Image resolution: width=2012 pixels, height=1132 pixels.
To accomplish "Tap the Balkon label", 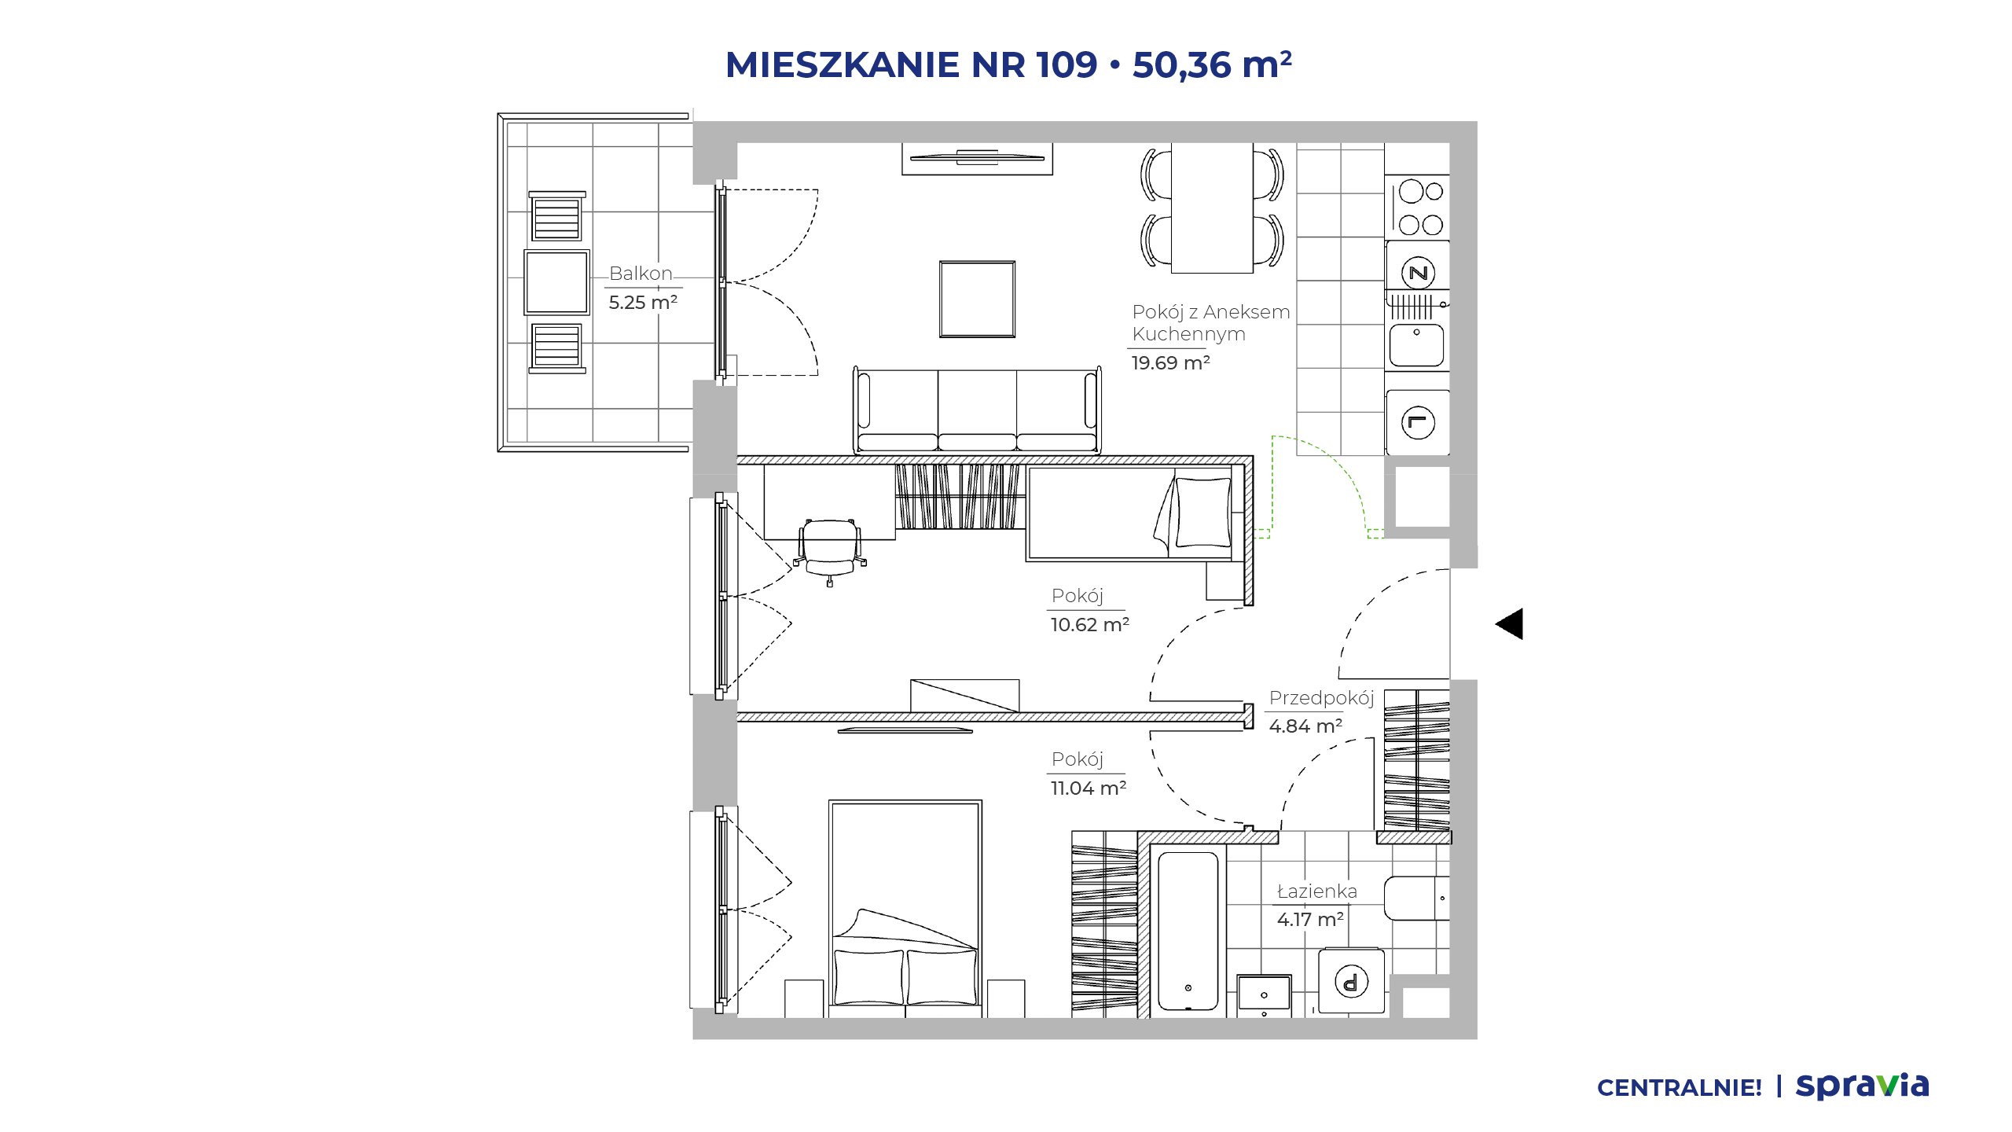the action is tap(641, 274).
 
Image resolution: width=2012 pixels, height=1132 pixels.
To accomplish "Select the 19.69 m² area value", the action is tap(1170, 362).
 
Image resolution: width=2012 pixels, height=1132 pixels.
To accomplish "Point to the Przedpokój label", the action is tap(1321, 698).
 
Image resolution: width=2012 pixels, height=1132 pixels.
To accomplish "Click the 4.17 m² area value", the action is tap(1310, 919).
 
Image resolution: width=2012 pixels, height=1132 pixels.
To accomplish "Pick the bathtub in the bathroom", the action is tap(1188, 931).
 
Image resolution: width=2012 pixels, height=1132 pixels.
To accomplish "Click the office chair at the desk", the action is tap(830, 551).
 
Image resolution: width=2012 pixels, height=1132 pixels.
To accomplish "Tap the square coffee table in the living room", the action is tap(978, 300).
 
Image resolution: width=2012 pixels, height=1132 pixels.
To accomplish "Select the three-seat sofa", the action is tap(977, 410).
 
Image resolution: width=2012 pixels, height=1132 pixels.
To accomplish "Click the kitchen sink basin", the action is tap(1416, 345).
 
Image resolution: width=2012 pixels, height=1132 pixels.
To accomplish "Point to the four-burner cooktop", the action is tap(1419, 208).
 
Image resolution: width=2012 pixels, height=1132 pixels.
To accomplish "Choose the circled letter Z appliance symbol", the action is tap(1419, 274).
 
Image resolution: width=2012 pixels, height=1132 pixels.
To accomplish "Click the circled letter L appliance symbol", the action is tap(1418, 423).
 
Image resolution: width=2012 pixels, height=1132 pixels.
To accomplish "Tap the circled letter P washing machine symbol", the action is tap(1352, 982).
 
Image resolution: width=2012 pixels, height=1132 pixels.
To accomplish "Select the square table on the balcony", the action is tap(556, 282).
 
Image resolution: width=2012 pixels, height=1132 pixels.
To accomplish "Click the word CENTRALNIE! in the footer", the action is tap(1680, 1088).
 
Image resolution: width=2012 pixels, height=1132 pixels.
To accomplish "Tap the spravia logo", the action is tap(1862, 1086).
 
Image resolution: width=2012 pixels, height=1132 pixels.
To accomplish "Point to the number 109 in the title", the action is tap(1067, 64).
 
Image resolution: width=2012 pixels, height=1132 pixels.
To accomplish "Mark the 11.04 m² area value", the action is tap(1089, 788).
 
